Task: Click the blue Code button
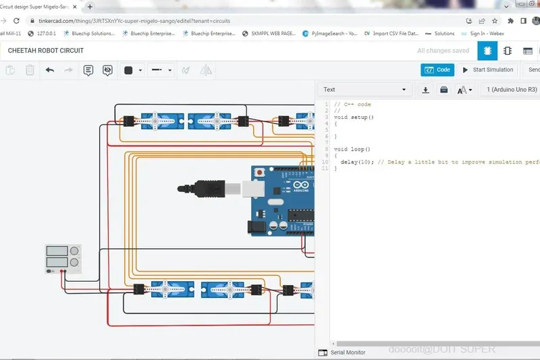point(437,70)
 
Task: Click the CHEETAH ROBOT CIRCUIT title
point(46,51)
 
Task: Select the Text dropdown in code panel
point(365,89)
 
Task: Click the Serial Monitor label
point(347,353)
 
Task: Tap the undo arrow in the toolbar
point(50,70)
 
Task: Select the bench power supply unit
point(63,259)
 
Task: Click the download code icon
point(426,89)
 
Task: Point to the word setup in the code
point(360,118)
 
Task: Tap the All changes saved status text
point(443,51)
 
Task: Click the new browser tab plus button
point(90,6)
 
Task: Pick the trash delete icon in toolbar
point(30,70)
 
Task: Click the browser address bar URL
point(135,21)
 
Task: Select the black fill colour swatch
point(128,70)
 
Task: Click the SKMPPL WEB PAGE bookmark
point(269,33)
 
